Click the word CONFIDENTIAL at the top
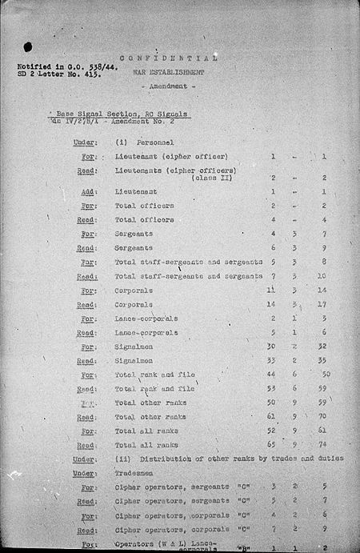pos(168,58)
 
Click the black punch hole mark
pos(28,47)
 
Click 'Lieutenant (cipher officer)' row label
pos(171,155)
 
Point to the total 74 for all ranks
pos(323,445)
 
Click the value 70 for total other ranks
pos(323,417)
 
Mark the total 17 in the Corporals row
pos(323,304)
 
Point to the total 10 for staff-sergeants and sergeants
pos(323,276)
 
